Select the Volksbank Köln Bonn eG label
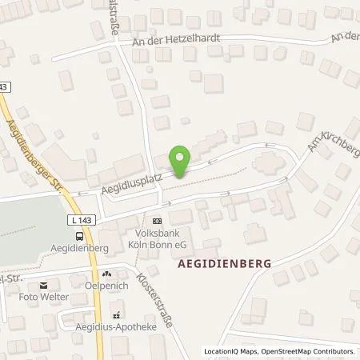point(156,238)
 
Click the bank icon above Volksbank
point(156,221)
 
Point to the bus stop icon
point(78,237)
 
